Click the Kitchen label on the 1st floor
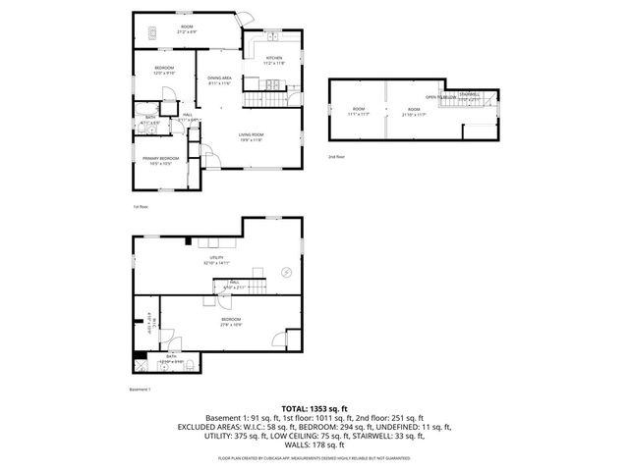click(274, 59)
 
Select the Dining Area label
click(219, 78)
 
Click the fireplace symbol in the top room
click(155, 31)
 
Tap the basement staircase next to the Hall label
click(253, 287)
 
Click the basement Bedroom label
click(231, 319)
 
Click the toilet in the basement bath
click(167, 354)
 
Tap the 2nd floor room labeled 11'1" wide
click(358, 110)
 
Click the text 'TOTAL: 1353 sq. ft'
click(314, 407)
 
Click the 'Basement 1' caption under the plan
click(142, 390)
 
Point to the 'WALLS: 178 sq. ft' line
click(314, 445)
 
